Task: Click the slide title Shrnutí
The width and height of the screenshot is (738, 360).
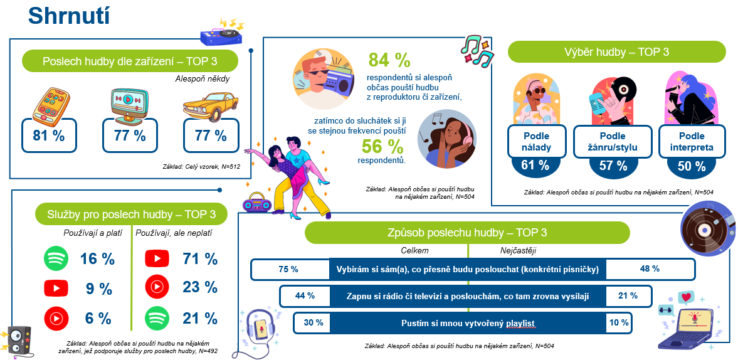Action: coord(70,16)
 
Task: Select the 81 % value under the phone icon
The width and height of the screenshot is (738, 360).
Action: coord(49,135)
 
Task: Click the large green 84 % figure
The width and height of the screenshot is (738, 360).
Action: coord(389,60)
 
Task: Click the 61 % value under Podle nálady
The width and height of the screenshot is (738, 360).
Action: coord(535,166)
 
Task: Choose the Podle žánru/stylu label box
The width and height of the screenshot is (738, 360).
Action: coord(613,142)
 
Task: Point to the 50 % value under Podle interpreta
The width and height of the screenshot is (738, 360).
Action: coord(691,166)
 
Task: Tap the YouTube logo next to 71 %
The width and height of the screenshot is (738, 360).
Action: coord(157,258)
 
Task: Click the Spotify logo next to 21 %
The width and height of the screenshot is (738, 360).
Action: coord(157,318)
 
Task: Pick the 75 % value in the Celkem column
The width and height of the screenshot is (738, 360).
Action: coord(288,269)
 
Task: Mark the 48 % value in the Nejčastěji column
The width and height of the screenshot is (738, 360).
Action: coord(650,269)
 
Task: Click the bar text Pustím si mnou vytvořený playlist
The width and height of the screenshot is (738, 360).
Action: coord(468,323)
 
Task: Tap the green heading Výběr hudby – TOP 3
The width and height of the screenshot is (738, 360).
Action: coord(616,51)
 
